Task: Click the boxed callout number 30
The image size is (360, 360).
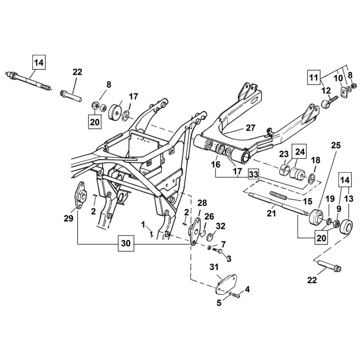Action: point(126,243)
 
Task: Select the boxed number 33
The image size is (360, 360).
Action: point(253,175)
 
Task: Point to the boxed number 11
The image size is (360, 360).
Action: point(314,77)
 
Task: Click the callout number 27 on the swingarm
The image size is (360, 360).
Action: point(250,128)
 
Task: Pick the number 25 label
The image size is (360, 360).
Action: point(336,145)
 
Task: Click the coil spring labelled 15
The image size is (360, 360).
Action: point(278,196)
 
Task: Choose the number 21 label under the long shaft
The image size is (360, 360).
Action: point(271,213)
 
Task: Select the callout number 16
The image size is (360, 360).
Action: point(216,165)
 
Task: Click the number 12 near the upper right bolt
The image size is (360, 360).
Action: point(327,91)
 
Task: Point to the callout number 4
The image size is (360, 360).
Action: point(247,289)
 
